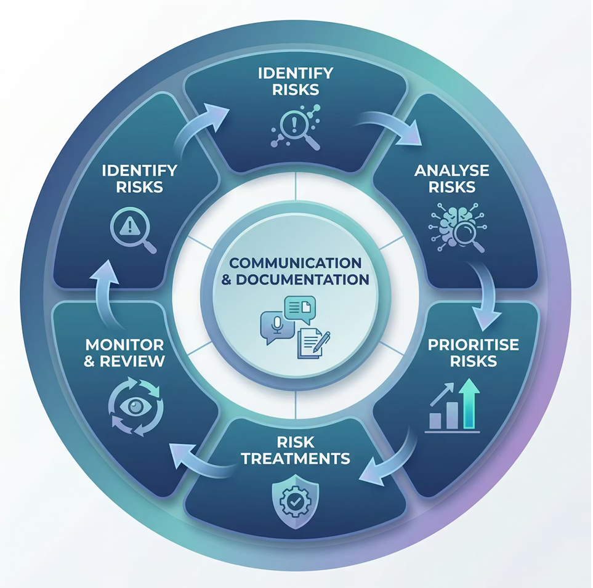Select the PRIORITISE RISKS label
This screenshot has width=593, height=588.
[x=473, y=352]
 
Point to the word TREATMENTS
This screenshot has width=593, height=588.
[x=296, y=458]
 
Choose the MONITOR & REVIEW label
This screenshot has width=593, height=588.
[x=124, y=352]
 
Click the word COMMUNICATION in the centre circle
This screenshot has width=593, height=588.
[x=296, y=262]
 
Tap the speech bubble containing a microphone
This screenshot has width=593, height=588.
[x=275, y=327]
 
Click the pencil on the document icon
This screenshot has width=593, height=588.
[x=322, y=340]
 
